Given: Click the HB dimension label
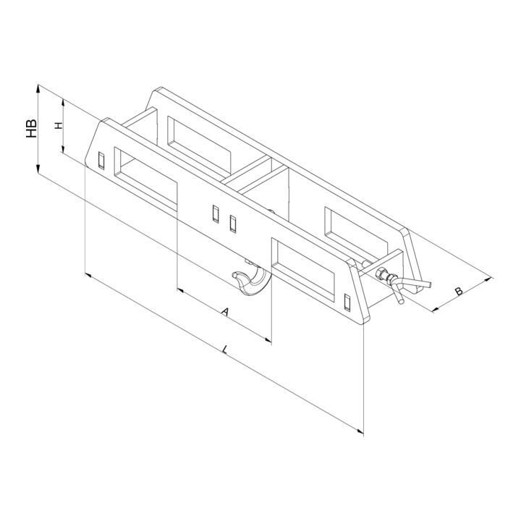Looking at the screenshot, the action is tap(32, 129).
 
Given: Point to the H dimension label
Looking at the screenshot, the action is tap(59, 126).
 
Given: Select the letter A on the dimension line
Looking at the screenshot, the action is tap(226, 312).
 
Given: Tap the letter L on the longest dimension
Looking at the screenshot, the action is tap(225, 350).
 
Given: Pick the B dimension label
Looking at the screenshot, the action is tap(459, 292).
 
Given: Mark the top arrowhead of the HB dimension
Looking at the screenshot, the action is tap(38, 89).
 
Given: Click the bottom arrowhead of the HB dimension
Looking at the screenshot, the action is tap(38, 169).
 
